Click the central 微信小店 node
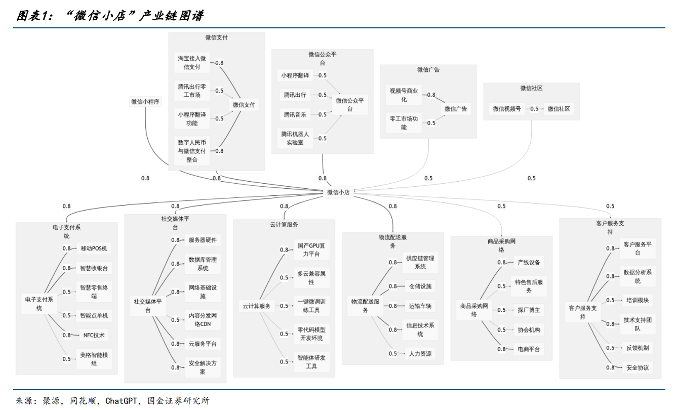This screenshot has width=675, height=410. (x=338, y=192)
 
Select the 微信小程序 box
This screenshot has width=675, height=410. (x=145, y=102)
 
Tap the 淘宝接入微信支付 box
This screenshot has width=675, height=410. (x=192, y=63)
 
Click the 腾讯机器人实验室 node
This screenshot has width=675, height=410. (x=295, y=138)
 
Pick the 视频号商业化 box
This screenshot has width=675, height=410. (x=404, y=95)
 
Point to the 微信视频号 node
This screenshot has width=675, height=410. (x=507, y=109)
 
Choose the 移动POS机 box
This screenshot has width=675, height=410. (x=94, y=249)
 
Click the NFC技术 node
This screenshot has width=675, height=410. (x=94, y=335)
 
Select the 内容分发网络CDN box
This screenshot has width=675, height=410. (x=203, y=319)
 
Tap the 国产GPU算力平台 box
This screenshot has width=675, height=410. (x=311, y=250)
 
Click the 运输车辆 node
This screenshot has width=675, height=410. (x=420, y=306)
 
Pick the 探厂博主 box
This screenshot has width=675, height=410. (x=529, y=310)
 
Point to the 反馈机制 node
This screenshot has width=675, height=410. (x=637, y=348)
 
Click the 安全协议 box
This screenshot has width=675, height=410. (x=637, y=367)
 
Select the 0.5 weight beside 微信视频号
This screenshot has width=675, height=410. (x=534, y=109)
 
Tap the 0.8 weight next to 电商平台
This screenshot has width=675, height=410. (x=501, y=349)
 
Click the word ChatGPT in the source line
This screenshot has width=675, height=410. (x=122, y=401)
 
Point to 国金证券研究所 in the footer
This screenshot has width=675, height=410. (x=178, y=401)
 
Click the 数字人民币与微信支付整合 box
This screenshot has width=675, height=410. (x=192, y=151)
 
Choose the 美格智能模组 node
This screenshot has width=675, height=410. (x=94, y=359)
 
